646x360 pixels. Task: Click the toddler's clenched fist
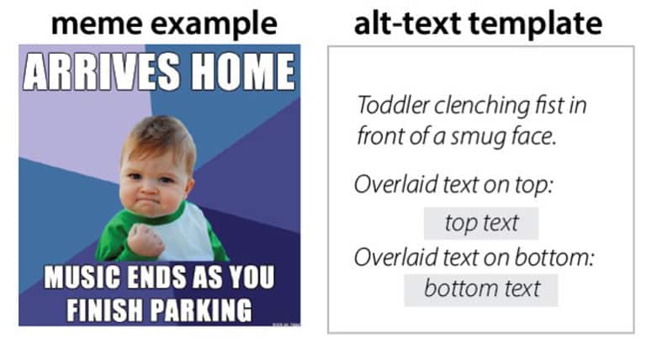(146, 240)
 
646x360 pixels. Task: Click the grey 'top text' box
(481, 224)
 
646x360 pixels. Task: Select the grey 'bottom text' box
(481, 289)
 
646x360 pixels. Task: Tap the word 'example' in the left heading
(211, 23)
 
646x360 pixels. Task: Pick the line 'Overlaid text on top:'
(453, 185)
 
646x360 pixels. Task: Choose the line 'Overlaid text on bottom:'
(474, 257)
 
